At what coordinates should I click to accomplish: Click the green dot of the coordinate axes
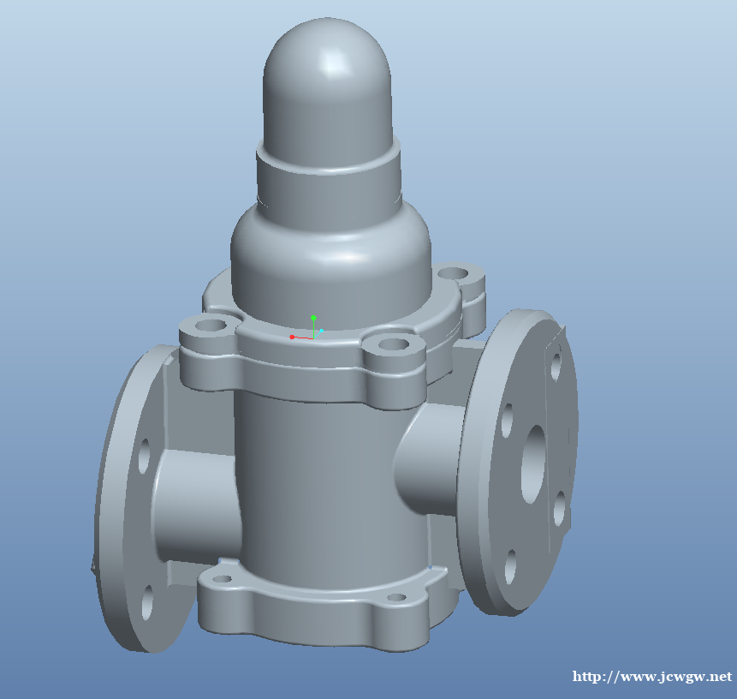tap(313, 318)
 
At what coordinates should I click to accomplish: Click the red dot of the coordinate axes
tap(292, 337)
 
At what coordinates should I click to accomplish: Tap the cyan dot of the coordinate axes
tap(322, 331)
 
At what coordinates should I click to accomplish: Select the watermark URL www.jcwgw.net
tap(652, 677)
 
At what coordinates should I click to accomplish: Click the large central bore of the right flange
tap(534, 464)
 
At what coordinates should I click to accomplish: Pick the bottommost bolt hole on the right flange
tap(511, 566)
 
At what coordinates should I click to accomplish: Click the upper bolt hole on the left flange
tap(145, 456)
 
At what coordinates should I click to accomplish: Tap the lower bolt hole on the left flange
tap(147, 602)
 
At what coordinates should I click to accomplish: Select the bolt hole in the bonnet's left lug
tap(210, 325)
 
